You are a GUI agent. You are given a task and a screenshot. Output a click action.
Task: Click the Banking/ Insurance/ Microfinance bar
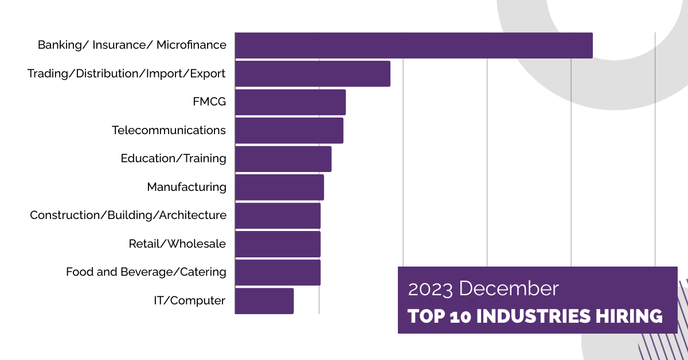click(413, 45)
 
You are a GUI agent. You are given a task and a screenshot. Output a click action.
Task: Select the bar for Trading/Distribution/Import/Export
click(312, 74)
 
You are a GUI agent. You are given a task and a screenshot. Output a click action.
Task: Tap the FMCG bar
click(290, 102)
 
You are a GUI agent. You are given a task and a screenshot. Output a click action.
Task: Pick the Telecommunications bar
click(289, 131)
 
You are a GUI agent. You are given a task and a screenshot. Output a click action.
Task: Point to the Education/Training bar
click(283, 159)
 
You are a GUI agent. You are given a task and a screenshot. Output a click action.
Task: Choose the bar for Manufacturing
click(279, 187)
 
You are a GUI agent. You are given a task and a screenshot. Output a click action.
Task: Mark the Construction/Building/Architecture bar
click(277, 216)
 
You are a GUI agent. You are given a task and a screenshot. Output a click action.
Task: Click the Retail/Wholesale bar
click(277, 244)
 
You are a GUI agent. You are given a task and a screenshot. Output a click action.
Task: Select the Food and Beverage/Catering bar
click(277, 272)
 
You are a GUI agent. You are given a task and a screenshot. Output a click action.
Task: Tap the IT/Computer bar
click(264, 301)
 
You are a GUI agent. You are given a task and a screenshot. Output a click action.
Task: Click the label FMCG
click(209, 102)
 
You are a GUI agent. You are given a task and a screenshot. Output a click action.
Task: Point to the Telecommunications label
click(169, 130)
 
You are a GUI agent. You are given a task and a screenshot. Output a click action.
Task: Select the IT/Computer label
click(189, 300)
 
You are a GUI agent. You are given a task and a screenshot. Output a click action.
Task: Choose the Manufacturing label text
click(186, 187)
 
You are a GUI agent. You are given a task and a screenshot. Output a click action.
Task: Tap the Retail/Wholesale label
click(177, 244)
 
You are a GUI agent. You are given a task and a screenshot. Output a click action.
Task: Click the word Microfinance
click(191, 45)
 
